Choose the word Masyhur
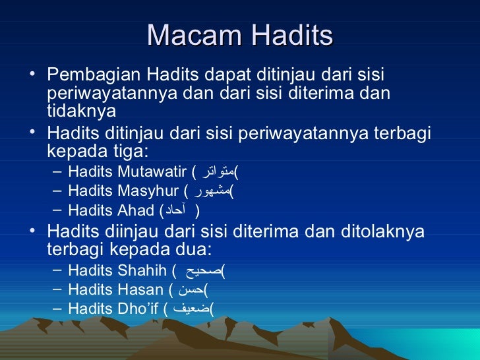click(151, 192)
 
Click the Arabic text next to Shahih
click(200, 270)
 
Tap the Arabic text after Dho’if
click(190, 308)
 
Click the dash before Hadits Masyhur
click(57, 192)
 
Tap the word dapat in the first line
click(222, 76)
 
